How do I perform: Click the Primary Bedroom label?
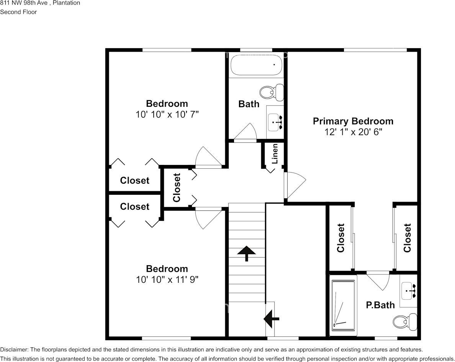click(353, 121)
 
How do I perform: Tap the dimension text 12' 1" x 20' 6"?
click(353, 132)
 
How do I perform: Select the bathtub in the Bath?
click(256, 65)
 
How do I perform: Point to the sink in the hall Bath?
click(275, 122)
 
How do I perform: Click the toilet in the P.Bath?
click(406, 321)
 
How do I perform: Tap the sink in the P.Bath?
click(408, 291)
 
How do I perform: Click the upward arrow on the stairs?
click(247, 253)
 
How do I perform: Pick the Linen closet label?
click(275, 154)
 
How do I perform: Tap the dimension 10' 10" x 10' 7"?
click(167, 114)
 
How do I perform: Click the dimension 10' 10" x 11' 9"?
click(167, 280)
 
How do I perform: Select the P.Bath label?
click(380, 305)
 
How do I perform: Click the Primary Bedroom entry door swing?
click(294, 184)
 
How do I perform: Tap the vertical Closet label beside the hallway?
click(177, 188)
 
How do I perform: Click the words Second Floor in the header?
click(18, 12)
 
